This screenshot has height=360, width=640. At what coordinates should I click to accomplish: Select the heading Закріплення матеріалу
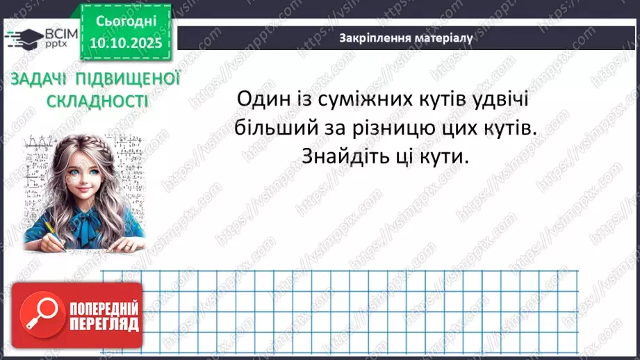[407, 38]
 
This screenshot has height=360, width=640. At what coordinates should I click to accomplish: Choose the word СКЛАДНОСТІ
[97, 101]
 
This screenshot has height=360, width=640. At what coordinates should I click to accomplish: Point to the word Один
[262, 100]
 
